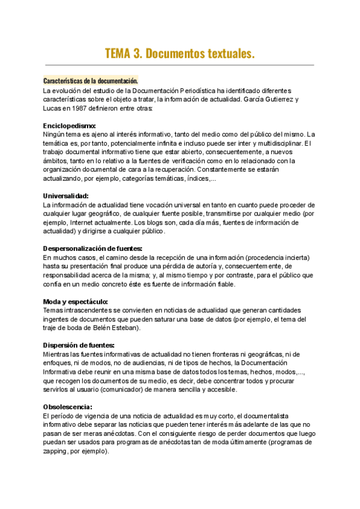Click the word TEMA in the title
[118, 53]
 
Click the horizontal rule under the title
[179, 65]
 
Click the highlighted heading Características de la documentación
[91, 81]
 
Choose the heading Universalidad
[66, 196]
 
